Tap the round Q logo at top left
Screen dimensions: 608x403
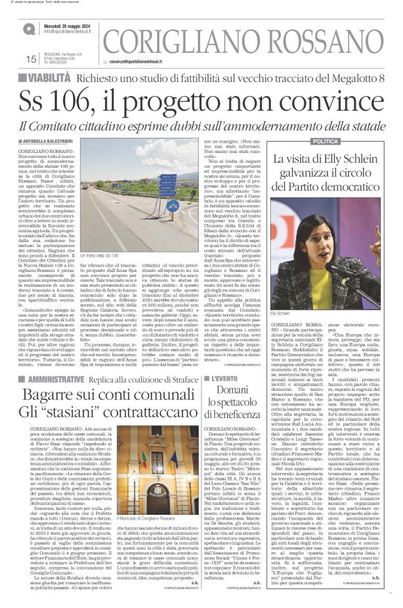[x=28, y=29]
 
